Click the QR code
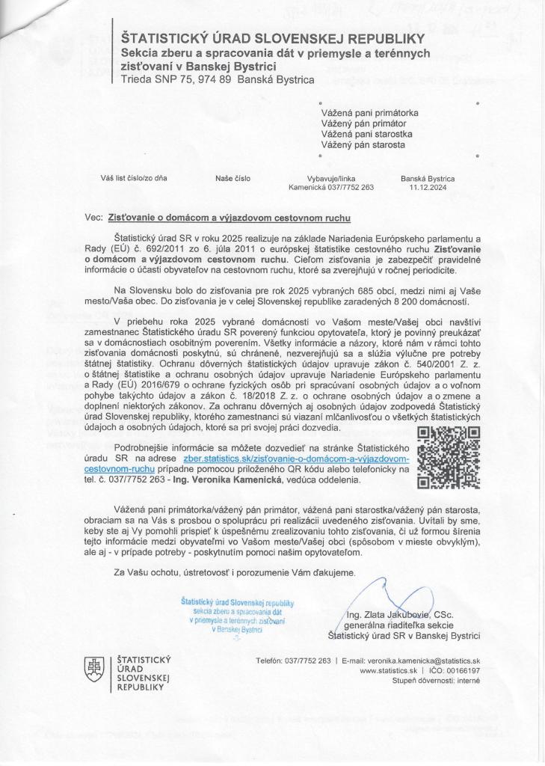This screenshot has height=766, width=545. [448, 457]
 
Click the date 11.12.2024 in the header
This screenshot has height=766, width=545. [428, 188]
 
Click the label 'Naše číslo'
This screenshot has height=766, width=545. [233, 179]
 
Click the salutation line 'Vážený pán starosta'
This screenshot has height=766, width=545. [363, 144]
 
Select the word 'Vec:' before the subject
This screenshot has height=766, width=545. [94, 217]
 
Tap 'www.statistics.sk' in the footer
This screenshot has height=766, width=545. [387, 671]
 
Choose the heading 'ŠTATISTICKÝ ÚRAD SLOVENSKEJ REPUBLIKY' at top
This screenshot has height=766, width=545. [273, 37]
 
